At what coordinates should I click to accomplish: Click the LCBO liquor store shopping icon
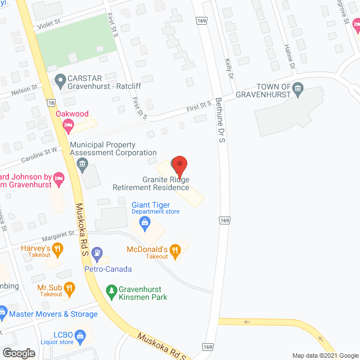point(80,336)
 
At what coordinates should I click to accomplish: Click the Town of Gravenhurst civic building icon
point(299,88)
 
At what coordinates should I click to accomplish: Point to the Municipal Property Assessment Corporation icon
point(82,165)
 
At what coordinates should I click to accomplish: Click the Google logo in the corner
point(19,353)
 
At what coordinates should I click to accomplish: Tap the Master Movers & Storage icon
point(3,311)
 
